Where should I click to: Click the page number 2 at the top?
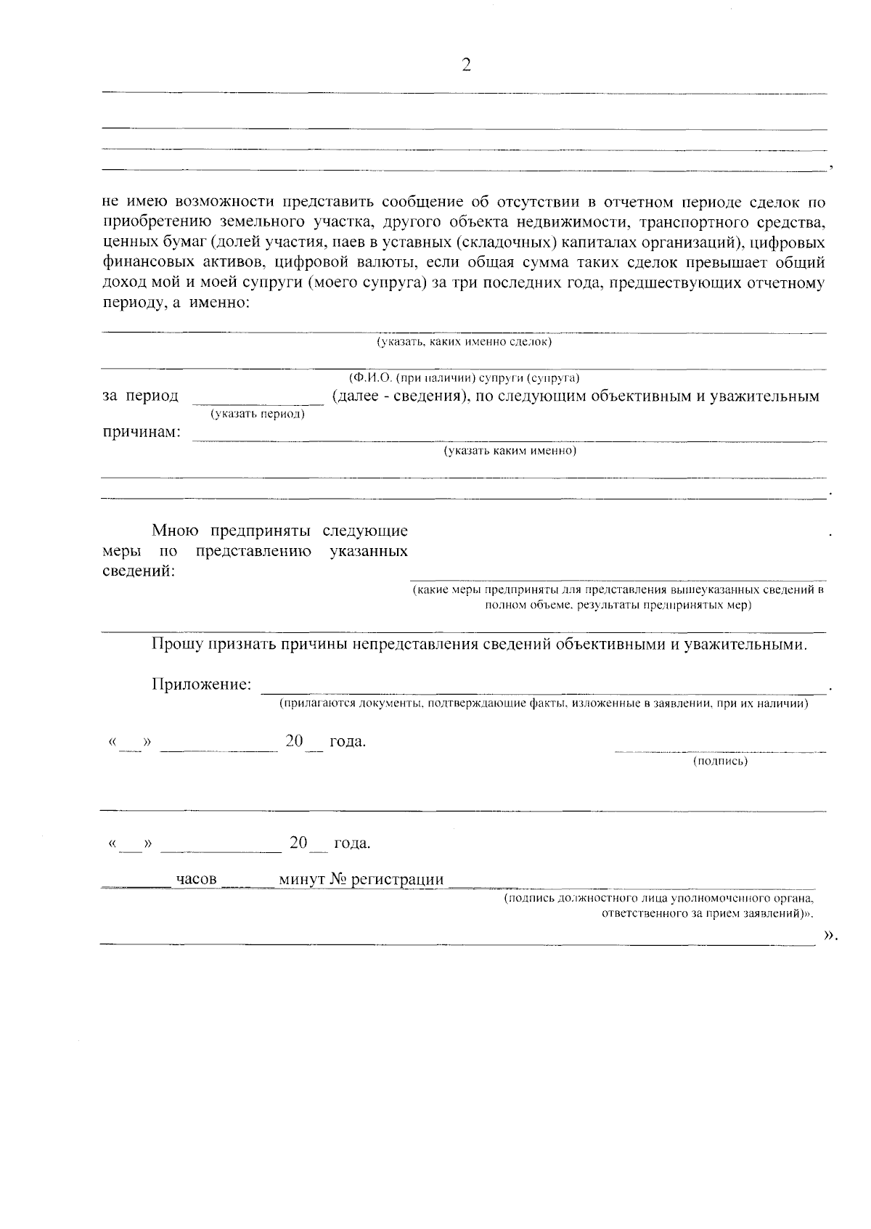pyautogui.click(x=466, y=66)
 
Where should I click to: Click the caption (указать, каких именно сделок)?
pyautogui.click(x=464, y=341)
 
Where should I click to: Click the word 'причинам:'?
pyautogui.click(x=141, y=433)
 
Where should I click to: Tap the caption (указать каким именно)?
pyautogui.click(x=510, y=451)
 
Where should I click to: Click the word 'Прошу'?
pyautogui.click(x=175, y=644)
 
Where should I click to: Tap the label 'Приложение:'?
pyautogui.click(x=202, y=684)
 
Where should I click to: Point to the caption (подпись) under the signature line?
pyautogui.click(x=720, y=761)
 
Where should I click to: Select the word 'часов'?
pyautogui.click(x=197, y=880)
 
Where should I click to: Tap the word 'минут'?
pyautogui.click(x=302, y=880)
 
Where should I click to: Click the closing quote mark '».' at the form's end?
pyautogui.click(x=830, y=936)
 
